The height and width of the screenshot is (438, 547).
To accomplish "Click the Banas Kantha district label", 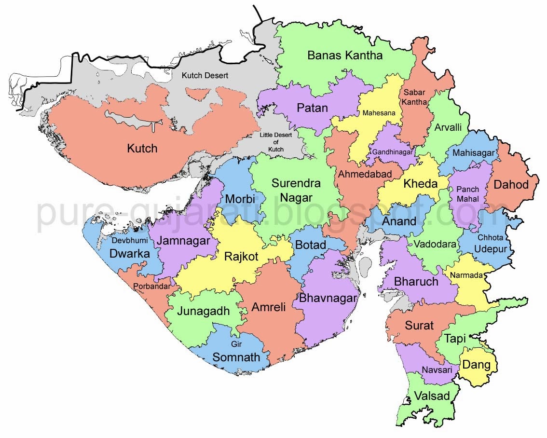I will [345, 55].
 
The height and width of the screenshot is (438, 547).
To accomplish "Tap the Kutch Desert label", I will [205, 76].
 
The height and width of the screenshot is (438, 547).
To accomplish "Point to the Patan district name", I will [312, 108].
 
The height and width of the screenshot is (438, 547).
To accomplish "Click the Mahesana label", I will [379, 113].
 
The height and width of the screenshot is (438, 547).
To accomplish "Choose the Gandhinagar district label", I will [392, 152].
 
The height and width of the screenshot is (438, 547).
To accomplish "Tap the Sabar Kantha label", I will [415, 97].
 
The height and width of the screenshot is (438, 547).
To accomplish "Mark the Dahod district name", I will [511, 184].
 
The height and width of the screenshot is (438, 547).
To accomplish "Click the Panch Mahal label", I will [467, 193].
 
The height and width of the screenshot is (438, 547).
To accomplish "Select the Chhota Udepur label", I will [490, 244].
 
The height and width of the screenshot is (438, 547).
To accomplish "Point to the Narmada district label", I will [466, 275].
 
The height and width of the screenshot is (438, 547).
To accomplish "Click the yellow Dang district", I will [477, 365].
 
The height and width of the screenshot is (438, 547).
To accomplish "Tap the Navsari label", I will [437, 370].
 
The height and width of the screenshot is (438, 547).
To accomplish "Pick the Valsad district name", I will [432, 397].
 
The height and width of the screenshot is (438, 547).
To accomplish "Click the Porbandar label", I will [151, 287].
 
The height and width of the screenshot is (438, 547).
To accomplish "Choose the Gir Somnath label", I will [236, 352].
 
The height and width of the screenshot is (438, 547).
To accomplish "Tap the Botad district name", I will [310, 245].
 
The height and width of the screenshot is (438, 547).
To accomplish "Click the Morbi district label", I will [240, 199].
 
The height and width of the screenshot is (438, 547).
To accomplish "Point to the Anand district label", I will [399, 221].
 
